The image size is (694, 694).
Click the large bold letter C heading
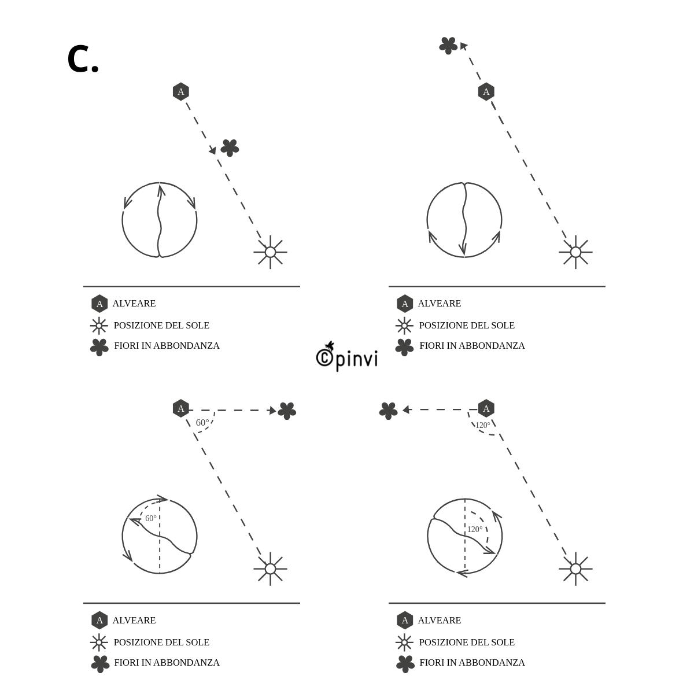(83, 59)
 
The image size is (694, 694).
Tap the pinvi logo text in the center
(347, 357)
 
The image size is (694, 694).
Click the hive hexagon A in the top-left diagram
(181, 91)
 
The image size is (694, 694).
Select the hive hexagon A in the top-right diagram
(486, 91)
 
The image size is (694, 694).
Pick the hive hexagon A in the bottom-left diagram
(181, 408)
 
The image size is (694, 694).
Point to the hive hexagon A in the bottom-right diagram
(486, 408)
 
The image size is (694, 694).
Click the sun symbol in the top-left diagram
(271, 252)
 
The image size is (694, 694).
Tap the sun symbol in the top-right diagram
(576, 252)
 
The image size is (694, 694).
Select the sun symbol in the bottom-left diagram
(271, 569)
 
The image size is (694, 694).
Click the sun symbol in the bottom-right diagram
(576, 569)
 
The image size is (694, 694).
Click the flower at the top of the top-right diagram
(448, 46)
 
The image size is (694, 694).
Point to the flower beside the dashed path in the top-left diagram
(230, 148)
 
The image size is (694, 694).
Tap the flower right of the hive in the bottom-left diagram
(287, 411)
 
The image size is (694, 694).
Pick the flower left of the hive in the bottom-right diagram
(389, 411)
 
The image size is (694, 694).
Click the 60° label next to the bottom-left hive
(202, 422)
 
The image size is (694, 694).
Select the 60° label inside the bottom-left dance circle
(151, 518)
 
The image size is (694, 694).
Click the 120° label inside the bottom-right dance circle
(475, 529)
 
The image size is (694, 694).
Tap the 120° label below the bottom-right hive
(483, 425)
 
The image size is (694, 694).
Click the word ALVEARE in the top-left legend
(134, 304)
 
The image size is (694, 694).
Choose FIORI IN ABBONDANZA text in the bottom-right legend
(472, 663)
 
